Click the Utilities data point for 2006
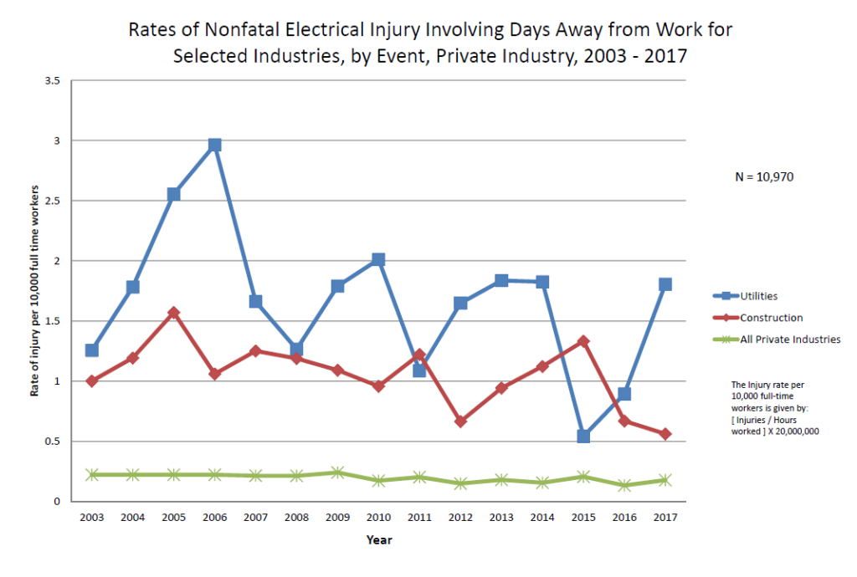click(x=214, y=145)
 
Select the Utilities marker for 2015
click(x=583, y=436)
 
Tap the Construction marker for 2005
click(x=174, y=313)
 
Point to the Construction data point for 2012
click(x=460, y=421)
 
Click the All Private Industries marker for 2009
click(x=337, y=472)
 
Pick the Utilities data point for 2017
click(x=665, y=284)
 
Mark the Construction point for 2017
click(x=665, y=434)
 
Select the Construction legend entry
click(x=771, y=318)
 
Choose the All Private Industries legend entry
click(x=790, y=340)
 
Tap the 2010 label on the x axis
click(x=378, y=518)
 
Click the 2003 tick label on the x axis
click(x=92, y=518)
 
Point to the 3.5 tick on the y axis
click(x=54, y=80)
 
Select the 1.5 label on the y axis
click(x=54, y=321)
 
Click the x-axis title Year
click(x=378, y=540)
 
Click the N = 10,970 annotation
click(x=762, y=177)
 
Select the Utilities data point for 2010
click(x=378, y=260)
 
